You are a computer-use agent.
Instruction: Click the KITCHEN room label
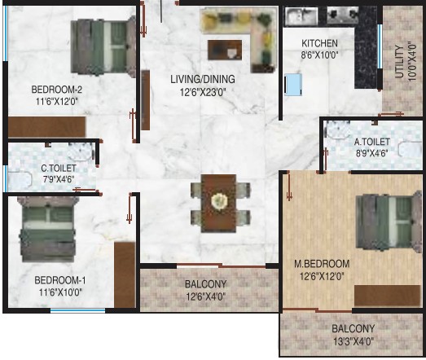[319, 43]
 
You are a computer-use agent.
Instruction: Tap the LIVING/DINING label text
[203, 79]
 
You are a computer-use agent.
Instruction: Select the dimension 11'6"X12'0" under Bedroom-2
[57, 102]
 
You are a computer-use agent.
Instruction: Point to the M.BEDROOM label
[322, 264]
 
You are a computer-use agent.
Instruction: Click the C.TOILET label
[59, 168]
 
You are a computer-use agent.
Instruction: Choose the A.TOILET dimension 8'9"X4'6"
[371, 153]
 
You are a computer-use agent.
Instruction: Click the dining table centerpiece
[219, 202]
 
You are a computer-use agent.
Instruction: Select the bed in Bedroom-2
[103, 46]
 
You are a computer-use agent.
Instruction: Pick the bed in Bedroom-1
[47, 229]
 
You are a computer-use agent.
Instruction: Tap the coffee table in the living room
[225, 50]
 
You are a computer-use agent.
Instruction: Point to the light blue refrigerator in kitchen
[293, 85]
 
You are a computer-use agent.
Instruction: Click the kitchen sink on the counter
[301, 16]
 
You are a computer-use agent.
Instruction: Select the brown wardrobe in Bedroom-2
[46, 127]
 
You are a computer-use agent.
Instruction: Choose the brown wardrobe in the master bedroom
[388, 296]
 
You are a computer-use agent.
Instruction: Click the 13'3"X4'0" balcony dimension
[354, 341]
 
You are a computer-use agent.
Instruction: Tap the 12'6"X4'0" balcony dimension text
[206, 296]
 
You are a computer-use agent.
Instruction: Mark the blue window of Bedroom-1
[77, 310]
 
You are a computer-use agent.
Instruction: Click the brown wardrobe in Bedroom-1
[125, 275]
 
